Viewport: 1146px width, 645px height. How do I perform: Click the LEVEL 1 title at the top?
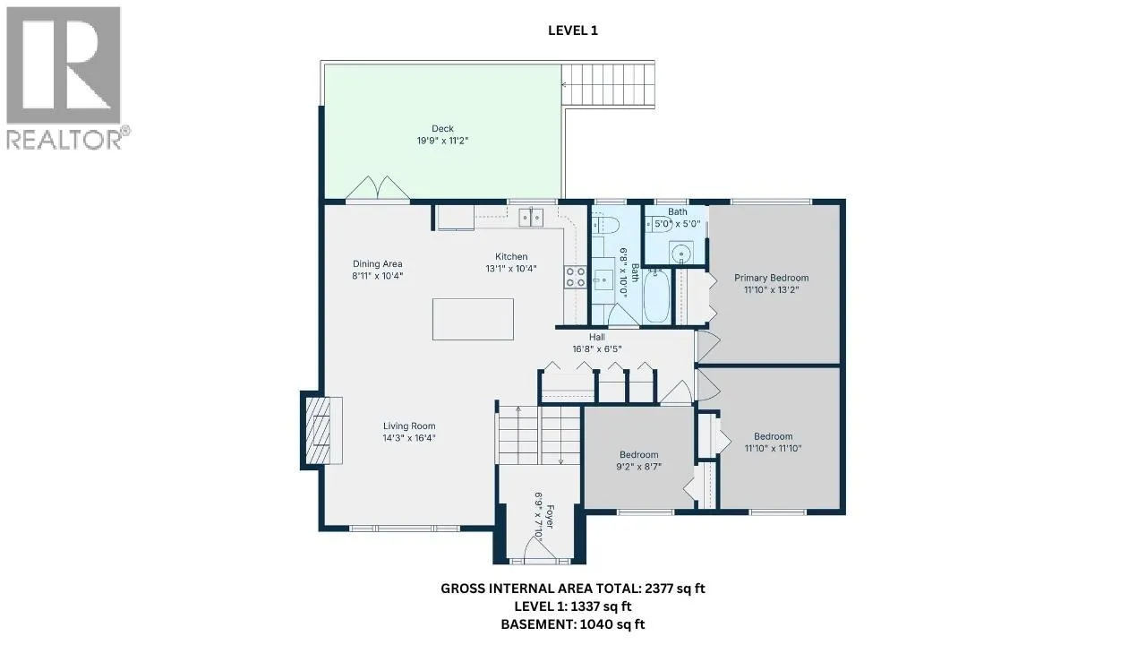[x=572, y=30]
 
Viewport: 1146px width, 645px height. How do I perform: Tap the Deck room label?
[x=442, y=129]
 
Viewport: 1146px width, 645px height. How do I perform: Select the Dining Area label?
[x=378, y=264]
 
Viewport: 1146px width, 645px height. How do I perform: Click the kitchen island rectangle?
[x=473, y=320]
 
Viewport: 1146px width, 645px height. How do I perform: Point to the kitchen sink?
[x=531, y=217]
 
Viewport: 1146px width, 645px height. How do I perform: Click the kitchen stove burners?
[x=575, y=277]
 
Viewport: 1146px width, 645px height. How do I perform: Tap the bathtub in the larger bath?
[x=656, y=297]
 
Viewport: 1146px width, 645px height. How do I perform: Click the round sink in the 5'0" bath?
[x=681, y=253]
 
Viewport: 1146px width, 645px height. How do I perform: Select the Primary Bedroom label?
[x=772, y=278]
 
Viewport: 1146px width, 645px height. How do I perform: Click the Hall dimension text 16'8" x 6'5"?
[x=597, y=349]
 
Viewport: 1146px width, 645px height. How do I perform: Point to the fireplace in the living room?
[x=323, y=431]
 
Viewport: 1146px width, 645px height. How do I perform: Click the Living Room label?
[x=409, y=426]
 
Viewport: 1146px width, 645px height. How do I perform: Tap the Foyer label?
[x=550, y=517]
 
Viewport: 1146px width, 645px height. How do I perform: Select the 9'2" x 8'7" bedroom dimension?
[x=639, y=467]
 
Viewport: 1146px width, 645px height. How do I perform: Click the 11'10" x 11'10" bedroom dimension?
[x=773, y=449]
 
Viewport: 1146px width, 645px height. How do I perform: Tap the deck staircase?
[x=608, y=84]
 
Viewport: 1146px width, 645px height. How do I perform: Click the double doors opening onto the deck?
[x=378, y=188]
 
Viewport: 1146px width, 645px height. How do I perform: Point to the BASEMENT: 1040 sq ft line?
[x=572, y=624]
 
